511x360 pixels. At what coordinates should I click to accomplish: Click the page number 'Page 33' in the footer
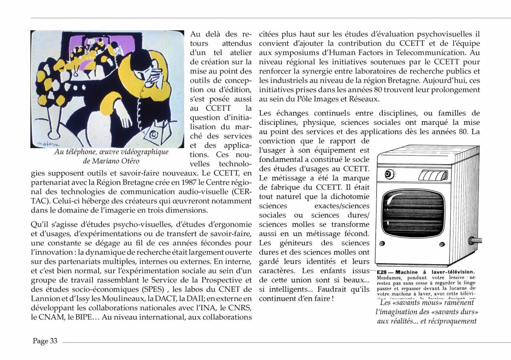point(45,341)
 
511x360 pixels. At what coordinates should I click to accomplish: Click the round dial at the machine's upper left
point(388,174)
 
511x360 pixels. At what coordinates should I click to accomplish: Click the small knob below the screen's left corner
point(382,244)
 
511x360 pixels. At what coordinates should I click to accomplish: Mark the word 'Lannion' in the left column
point(44,299)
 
